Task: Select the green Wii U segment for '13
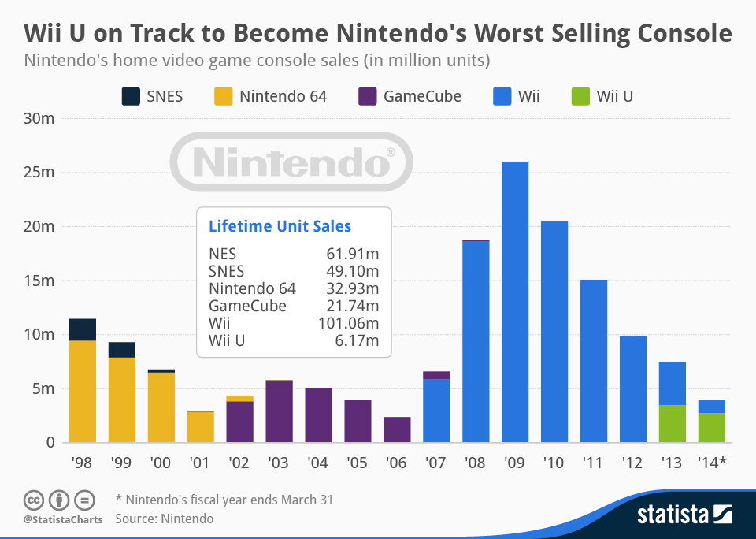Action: click(x=673, y=423)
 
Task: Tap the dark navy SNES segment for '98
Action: click(x=82, y=329)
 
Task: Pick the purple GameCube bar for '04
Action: click(x=318, y=414)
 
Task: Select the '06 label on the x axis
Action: click(x=397, y=463)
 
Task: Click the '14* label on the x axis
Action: click(x=712, y=463)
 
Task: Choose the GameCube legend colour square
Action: click(x=367, y=97)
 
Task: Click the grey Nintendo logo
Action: click(x=291, y=162)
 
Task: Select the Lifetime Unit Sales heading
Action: click(x=280, y=226)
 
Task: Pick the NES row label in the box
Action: click(x=222, y=254)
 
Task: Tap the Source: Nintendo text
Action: click(x=164, y=519)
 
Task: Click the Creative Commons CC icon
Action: click(x=33, y=500)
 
